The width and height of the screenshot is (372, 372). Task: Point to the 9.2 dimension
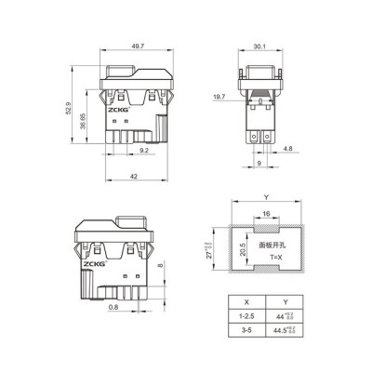pyautogui.click(x=144, y=149)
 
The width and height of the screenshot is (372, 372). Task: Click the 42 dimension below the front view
pyautogui.click(x=137, y=178)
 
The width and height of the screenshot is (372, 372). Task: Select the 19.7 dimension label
pyautogui.click(x=219, y=97)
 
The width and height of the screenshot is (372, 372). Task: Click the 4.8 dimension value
pyautogui.click(x=288, y=149)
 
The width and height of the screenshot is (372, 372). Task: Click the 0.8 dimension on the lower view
pyautogui.click(x=113, y=306)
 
